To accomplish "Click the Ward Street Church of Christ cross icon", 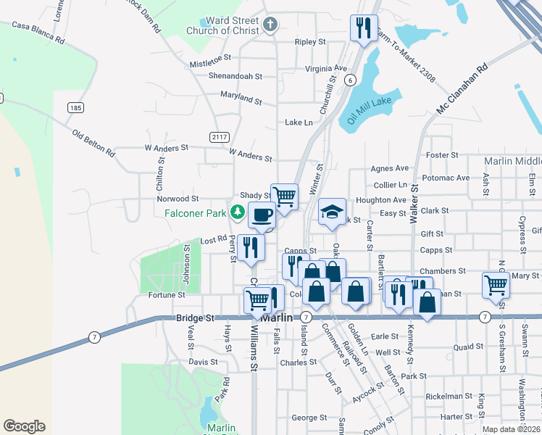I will point(270,25).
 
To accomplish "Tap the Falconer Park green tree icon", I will point(237,212).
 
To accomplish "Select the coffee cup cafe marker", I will point(262,215).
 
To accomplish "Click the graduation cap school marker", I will point(332,212).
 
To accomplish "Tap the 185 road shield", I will point(75,107).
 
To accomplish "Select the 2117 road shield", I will point(219,137).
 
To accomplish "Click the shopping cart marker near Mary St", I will point(496,284).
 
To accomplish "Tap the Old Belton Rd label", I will point(93,144).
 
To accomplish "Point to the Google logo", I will point(24,426).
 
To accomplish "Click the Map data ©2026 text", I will point(511,429).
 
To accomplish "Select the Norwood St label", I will point(178,199).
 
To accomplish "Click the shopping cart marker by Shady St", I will point(284,196).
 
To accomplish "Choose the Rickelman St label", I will point(449,397).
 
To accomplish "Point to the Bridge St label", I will point(196,318).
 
